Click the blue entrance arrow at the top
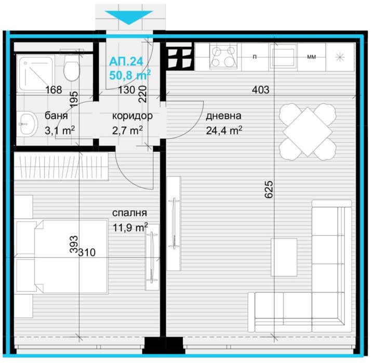point(128,18)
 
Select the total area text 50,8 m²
point(130,74)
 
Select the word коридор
point(132,115)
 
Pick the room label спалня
point(130,212)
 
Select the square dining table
point(306,131)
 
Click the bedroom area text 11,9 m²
point(130,226)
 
